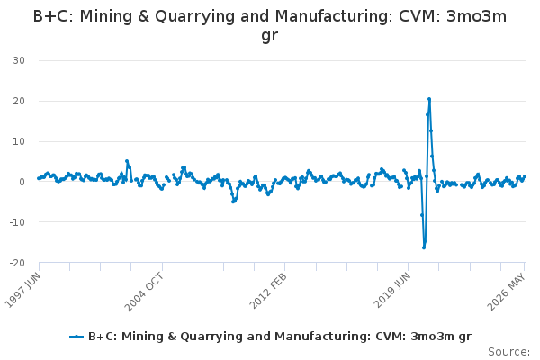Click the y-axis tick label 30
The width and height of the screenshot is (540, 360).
coord(19,60)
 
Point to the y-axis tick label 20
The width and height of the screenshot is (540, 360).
coord(19,101)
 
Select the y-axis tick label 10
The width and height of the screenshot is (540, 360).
coord(19,141)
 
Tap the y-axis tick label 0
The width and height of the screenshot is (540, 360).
coord(22,182)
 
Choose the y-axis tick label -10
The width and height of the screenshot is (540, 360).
coord(17,222)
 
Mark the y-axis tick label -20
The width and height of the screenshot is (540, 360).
coord(17,263)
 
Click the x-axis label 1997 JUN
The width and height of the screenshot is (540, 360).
coord(22,290)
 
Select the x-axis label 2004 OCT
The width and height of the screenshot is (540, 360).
coord(144,292)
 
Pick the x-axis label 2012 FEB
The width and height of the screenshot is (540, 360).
coord(268,291)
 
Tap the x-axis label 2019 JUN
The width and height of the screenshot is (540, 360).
coord(391,290)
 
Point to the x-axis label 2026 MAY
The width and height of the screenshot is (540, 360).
coord(506,292)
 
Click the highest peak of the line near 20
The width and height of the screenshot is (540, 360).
coord(429,99)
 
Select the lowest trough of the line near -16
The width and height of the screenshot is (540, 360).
coord(424,247)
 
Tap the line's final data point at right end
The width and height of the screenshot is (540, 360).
coord(525,176)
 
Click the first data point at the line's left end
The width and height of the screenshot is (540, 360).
coord(39,178)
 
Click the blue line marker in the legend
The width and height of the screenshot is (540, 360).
coord(76,337)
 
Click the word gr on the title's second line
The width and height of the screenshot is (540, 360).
coord(270,36)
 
